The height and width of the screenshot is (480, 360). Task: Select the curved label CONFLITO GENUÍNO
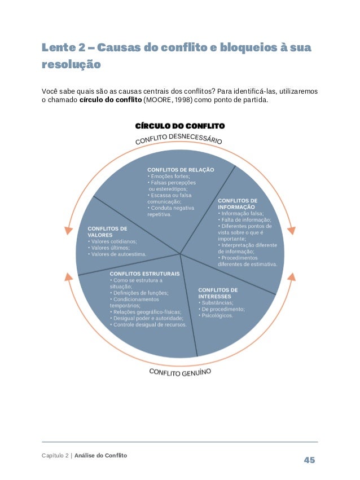[180, 372]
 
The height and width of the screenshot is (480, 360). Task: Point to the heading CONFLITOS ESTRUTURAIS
[144, 274]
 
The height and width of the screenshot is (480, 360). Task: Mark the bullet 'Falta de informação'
[246, 220]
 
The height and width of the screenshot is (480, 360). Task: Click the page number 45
[309, 460]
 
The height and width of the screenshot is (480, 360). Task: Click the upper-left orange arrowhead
[68, 230]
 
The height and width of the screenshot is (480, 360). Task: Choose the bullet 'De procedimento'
[222, 309]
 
